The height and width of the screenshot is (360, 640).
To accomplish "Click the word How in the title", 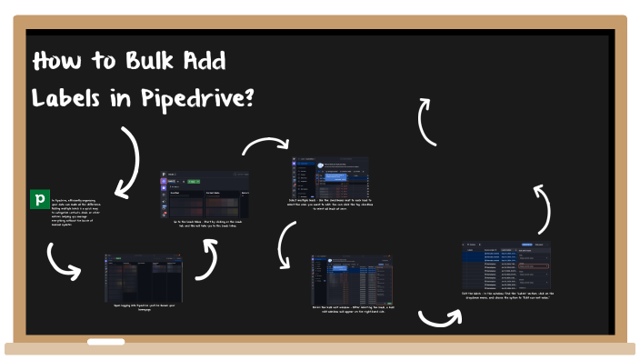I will pyautogui.click(x=57, y=62).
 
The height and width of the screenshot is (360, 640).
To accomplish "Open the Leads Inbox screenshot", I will pyautogui.click(x=205, y=192).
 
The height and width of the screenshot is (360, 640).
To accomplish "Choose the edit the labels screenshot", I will pyautogui.click(x=507, y=265).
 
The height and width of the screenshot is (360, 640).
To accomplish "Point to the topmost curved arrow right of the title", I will pyautogui.click(x=425, y=122).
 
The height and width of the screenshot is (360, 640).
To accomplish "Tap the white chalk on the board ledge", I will pyautogui.click(x=105, y=342).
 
